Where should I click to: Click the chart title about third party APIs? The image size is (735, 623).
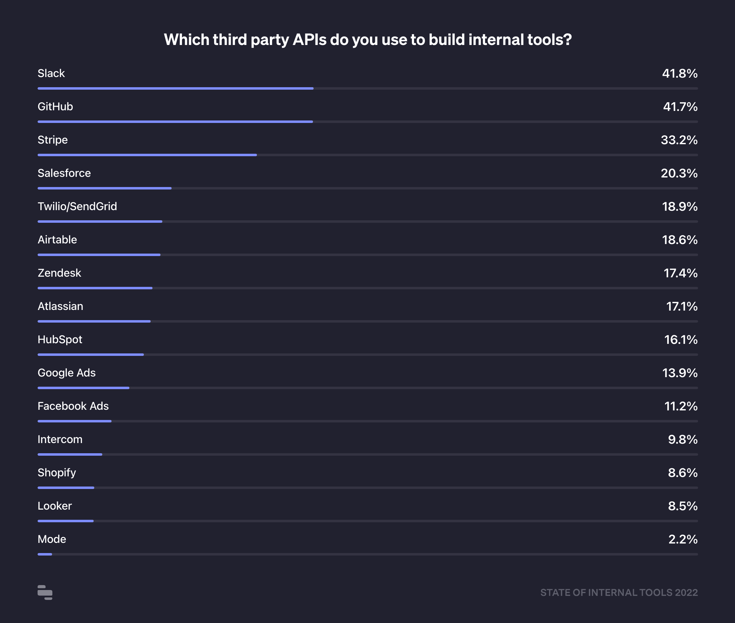(x=367, y=39)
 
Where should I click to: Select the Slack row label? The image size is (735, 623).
(x=51, y=73)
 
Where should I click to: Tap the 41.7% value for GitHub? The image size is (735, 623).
(x=680, y=107)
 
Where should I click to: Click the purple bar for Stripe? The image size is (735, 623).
(x=147, y=155)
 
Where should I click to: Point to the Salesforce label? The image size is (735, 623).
(x=64, y=173)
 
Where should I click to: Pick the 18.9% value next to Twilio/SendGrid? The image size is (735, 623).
(x=680, y=207)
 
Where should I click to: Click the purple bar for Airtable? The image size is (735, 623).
(x=99, y=254)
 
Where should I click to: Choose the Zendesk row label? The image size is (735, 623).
(x=59, y=273)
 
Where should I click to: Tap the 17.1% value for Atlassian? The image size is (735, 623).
(x=682, y=307)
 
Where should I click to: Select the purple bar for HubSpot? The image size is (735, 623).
(x=91, y=355)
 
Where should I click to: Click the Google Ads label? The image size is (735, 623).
(x=67, y=373)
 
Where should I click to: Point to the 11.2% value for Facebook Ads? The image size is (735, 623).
(x=681, y=406)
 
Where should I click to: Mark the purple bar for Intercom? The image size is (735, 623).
(x=70, y=454)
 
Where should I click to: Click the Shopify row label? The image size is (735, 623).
(x=57, y=473)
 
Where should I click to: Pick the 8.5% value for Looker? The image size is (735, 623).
(x=682, y=506)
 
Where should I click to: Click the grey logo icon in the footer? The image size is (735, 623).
(x=45, y=592)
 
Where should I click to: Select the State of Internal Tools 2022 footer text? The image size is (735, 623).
(x=619, y=592)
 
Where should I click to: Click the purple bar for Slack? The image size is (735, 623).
(x=176, y=88)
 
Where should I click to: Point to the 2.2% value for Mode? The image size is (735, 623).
(x=683, y=539)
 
